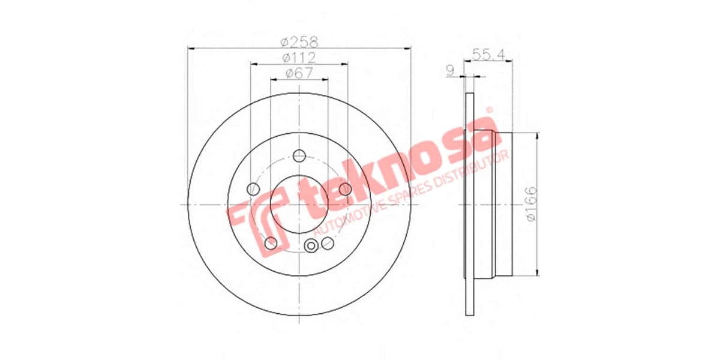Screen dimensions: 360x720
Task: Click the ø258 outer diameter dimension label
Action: pyautogui.click(x=299, y=42)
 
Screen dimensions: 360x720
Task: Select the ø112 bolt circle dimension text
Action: pyautogui.click(x=299, y=58)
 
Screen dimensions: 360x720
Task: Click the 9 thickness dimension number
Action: pyautogui.click(x=450, y=70)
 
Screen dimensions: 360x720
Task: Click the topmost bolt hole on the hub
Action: pyautogui.click(x=298, y=156)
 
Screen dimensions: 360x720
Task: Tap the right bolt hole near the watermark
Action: pyautogui.click(x=345, y=190)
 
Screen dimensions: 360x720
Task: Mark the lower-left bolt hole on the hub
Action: pyautogui.click(x=271, y=243)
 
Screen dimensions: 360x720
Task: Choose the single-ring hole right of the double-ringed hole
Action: pyautogui.click(x=328, y=243)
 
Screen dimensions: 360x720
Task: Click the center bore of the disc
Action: pyautogui.click(x=298, y=204)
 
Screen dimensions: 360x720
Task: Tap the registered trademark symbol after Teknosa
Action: pyautogui.click(x=488, y=110)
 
